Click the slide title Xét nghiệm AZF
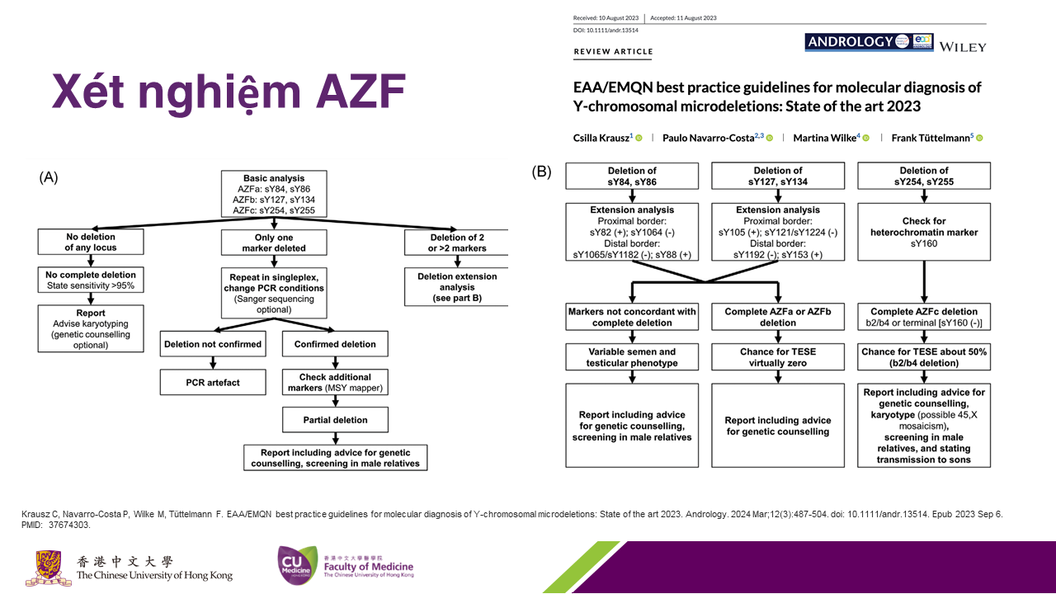pos(229,92)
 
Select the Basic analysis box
pos(274,194)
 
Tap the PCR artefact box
pos(214,383)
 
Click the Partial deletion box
pos(334,420)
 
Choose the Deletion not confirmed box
pos(214,344)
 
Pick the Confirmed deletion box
pos(334,344)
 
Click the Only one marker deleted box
pos(274,242)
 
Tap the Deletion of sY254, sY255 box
pos(924,177)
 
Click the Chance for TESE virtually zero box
pos(777,357)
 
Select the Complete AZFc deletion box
pos(924,317)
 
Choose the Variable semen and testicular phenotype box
pos(631,357)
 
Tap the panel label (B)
pos(542,172)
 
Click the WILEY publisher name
pos(962,47)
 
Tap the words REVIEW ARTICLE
pos(613,52)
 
